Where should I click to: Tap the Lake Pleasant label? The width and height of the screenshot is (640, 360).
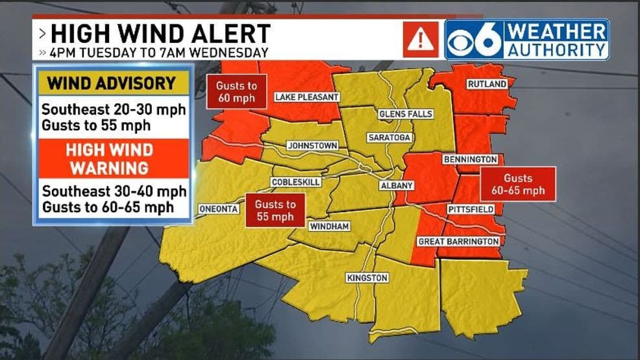coord(306,97)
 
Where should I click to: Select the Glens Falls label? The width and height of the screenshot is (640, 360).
coord(406,114)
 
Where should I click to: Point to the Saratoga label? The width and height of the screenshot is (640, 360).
coord(389,138)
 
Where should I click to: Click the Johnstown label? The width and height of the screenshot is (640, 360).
coord(312,145)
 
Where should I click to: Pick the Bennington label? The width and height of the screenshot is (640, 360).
coord(470,159)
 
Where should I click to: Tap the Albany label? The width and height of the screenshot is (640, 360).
coord(396,186)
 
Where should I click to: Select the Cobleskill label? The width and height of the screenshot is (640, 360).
coord(295,182)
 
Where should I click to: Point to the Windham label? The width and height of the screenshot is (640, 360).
coord(329,226)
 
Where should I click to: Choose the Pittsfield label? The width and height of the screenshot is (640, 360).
coord(471,210)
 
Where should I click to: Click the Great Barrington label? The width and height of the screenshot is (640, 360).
coord(458,241)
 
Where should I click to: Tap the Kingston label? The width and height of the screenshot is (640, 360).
coord(367,278)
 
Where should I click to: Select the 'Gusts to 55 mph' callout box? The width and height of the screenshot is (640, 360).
coord(275,210)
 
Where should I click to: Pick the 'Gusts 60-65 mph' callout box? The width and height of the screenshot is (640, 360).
coord(517,184)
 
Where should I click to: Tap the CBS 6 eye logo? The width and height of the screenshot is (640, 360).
coord(474,40)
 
